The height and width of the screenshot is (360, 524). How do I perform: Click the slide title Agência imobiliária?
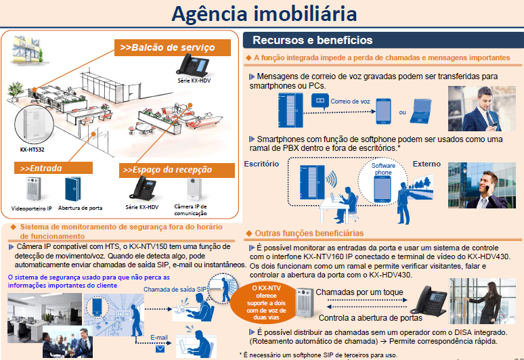point(263,14)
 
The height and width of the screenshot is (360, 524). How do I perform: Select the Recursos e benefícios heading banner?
point(312,41)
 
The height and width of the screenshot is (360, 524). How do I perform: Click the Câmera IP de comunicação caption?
point(190,208)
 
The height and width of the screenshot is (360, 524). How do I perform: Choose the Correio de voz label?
point(350,102)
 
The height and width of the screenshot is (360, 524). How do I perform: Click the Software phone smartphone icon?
point(383,181)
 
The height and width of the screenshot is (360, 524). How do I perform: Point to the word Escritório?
point(261,164)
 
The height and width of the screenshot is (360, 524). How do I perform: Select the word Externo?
point(427,164)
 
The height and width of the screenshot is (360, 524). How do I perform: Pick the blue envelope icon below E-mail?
point(160,349)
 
